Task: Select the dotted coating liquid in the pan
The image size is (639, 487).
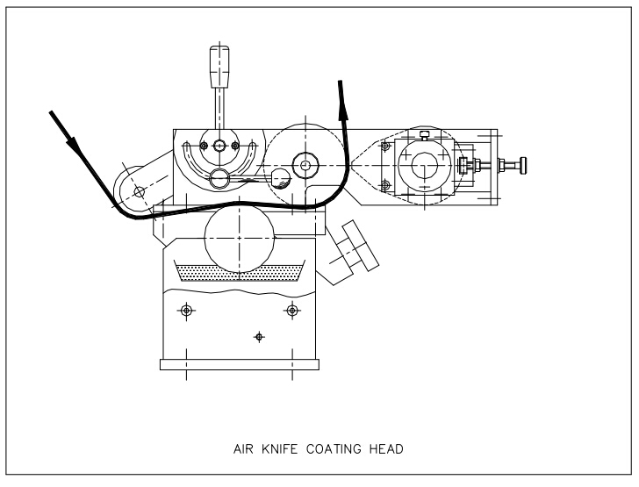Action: pyautogui.click(x=239, y=272)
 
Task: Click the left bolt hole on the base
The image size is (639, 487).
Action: pyautogui.click(x=185, y=311)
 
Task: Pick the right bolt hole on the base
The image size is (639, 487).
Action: pyautogui.click(x=291, y=311)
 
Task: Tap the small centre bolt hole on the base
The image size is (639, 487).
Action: pyautogui.click(x=258, y=336)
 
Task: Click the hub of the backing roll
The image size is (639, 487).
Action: pyautogui.click(x=305, y=162)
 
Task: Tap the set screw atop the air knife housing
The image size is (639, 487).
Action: pyautogui.click(x=424, y=135)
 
